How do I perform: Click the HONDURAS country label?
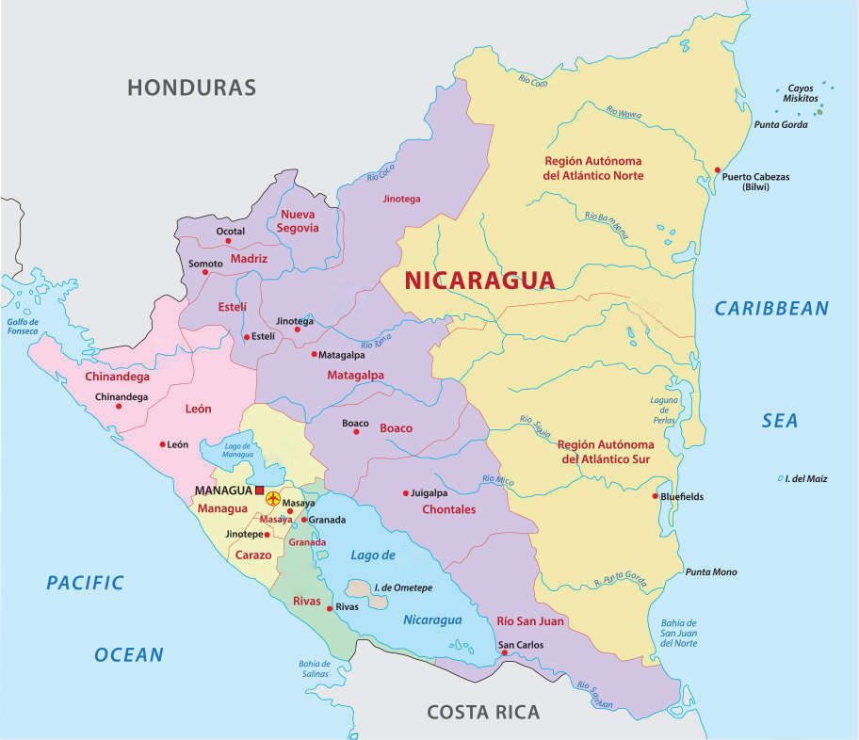(192, 88)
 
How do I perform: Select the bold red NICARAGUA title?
(479, 280)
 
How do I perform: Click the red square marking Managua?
(260, 491)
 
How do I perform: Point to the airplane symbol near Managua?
(274, 496)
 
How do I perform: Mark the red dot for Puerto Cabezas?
(718, 170)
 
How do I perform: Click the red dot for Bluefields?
(656, 496)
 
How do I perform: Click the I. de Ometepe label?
(402, 587)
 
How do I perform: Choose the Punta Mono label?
(711, 572)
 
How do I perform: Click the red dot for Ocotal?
(228, 242)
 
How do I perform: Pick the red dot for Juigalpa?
(406, 492)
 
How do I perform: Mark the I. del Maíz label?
(807, 479)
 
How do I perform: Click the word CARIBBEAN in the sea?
(771, 308)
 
